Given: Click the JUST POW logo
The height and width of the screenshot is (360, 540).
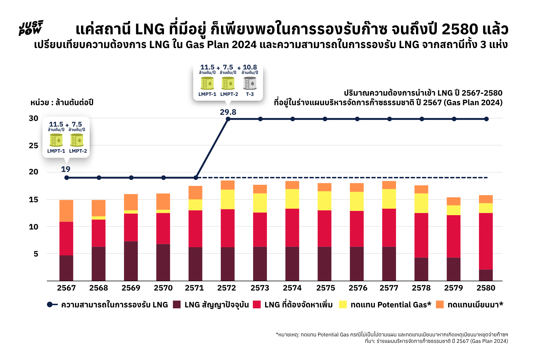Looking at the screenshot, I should tap(31, 28).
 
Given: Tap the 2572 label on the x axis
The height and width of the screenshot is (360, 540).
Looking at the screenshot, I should tap(227, 288).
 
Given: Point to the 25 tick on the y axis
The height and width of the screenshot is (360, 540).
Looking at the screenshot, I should tap(33, 146).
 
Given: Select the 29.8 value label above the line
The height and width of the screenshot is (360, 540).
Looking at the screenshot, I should tap(228, 112).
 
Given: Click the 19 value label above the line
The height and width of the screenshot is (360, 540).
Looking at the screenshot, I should tap(66, 169).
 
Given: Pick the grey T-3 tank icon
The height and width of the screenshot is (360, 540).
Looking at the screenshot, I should tap(250, 83).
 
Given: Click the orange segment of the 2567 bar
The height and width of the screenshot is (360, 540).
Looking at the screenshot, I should tap(66, 211).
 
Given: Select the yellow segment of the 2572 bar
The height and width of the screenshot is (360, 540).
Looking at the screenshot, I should tap(228, 199).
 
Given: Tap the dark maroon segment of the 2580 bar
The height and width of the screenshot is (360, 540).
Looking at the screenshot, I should tap(486, 275).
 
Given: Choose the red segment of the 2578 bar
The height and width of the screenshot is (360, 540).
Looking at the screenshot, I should tap(421, 235).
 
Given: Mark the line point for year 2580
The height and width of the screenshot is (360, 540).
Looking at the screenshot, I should tap(486, 119).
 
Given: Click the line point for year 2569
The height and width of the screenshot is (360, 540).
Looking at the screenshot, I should tap(131, 178).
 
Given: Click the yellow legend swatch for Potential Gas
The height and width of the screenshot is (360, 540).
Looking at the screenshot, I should tap(343, 305).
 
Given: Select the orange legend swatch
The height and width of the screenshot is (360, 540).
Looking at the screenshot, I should tap(440, 305).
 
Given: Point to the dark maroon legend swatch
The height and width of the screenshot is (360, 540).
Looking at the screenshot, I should tap(177, 305).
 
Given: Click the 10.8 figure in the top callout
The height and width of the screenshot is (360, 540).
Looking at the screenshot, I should tap(250, 67).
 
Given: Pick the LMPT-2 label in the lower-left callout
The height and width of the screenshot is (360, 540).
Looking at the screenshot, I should tap(78, 151).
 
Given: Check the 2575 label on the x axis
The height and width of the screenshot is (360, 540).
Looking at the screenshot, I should tap(326, 288).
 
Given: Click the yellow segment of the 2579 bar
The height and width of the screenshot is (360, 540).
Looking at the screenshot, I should tap(453, 210).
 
